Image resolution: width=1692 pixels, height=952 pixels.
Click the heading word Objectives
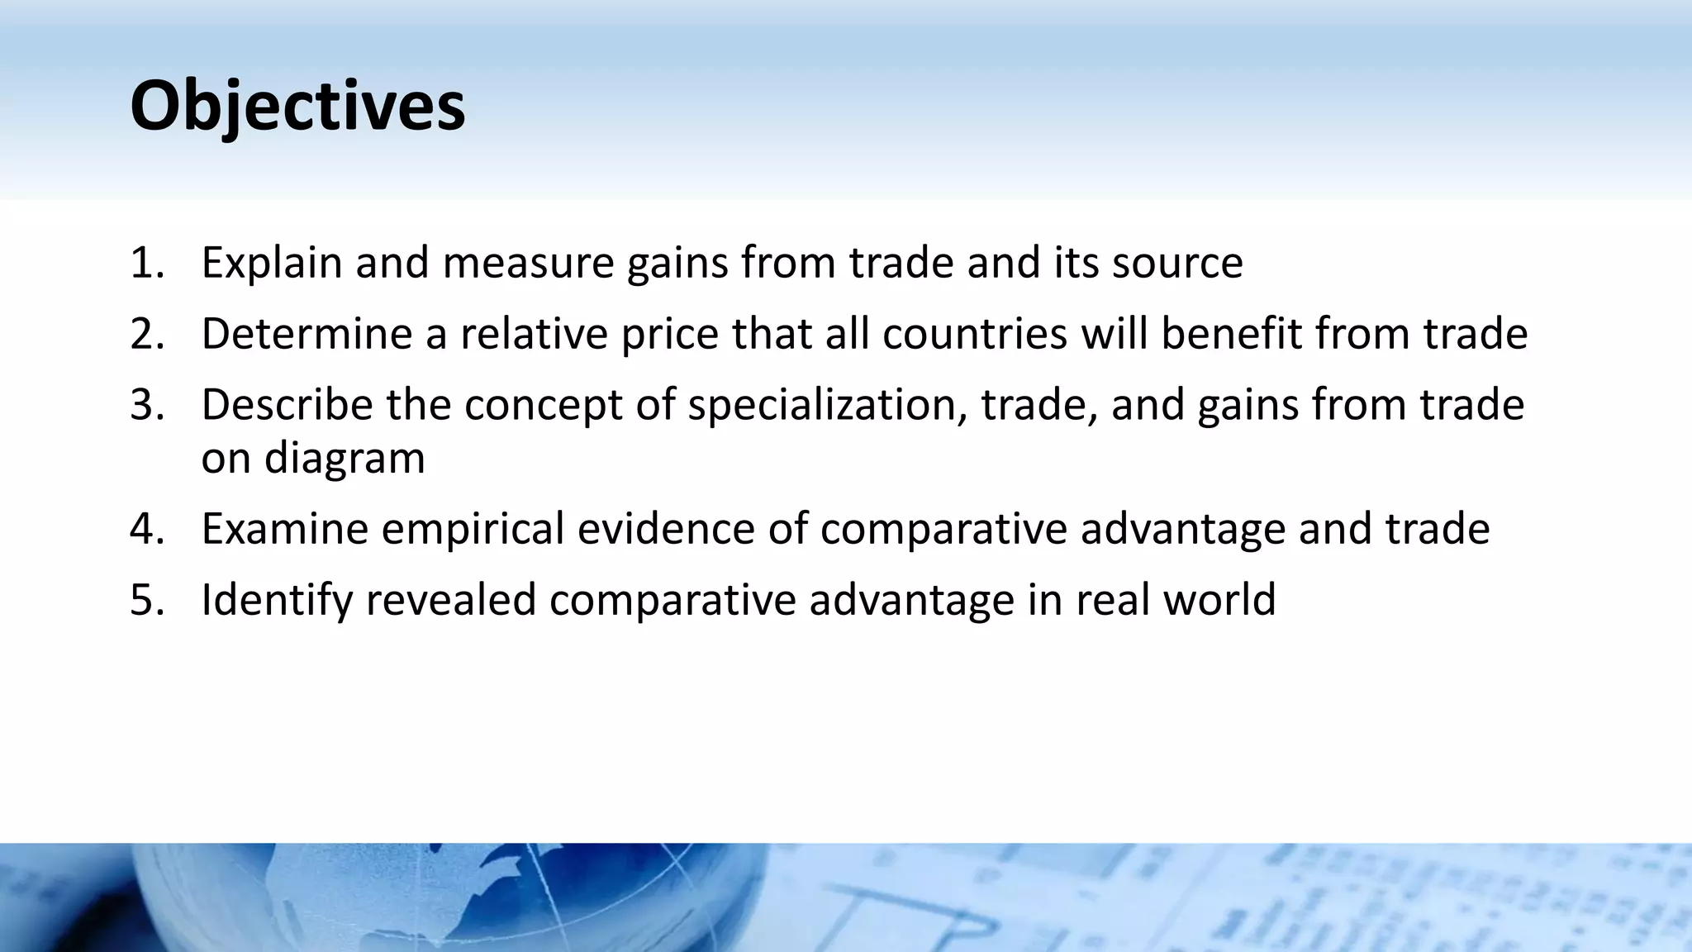[x=297, y=106]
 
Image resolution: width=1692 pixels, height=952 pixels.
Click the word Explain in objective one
[x=272, y=263]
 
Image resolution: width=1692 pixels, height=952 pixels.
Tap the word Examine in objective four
[x=284, y=529]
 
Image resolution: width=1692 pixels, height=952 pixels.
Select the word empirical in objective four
[x=472, y=529]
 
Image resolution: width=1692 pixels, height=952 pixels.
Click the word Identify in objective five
[x=277, y=600]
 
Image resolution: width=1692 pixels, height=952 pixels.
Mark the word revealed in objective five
[x=451, y=600]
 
